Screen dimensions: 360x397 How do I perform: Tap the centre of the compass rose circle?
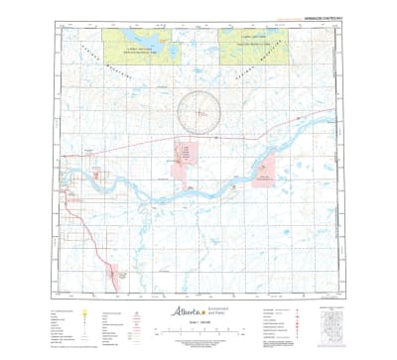coord(199,109)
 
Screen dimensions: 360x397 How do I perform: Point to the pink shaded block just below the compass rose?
coord(186,153)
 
